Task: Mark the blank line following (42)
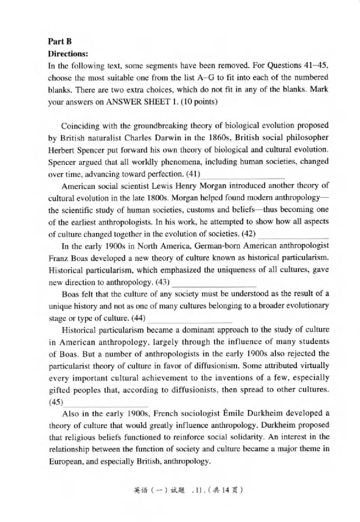pyautogui.click(x=293, y=234)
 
